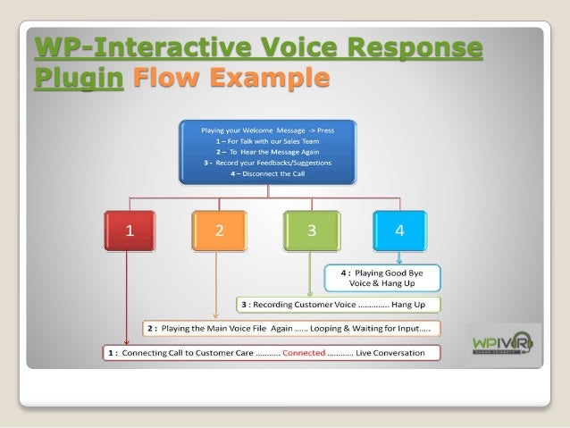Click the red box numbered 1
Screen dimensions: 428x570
coord(130,231)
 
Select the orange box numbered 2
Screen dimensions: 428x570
coord(220,231)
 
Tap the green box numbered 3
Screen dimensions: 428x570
coord(311,231)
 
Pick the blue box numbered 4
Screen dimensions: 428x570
coord(399,231)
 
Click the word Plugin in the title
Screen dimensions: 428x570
coord(77,78)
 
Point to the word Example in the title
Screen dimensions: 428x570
coord(267,78)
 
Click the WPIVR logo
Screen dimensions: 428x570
coord(503,345)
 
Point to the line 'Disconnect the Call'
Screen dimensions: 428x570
coord(267,173)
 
